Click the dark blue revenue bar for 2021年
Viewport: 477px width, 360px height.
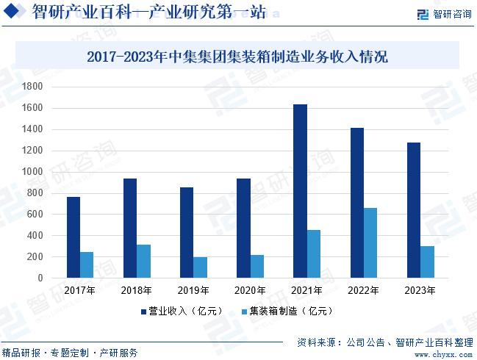(300, 191)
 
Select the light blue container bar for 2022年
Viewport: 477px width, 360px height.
(370, 243)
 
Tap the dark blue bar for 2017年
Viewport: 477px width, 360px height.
(73, 237)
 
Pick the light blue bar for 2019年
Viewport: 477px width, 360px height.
(201, 267)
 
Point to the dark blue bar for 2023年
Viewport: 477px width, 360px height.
(414, 210)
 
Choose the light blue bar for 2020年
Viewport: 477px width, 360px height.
(257, 267)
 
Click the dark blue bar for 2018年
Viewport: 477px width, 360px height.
(130, 228)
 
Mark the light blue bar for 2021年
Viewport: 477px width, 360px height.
(314, 254)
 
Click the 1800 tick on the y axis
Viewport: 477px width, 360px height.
(33, 87)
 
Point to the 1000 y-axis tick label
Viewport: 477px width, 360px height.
(33, 172)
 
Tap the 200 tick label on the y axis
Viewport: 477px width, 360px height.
(35, 257)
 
